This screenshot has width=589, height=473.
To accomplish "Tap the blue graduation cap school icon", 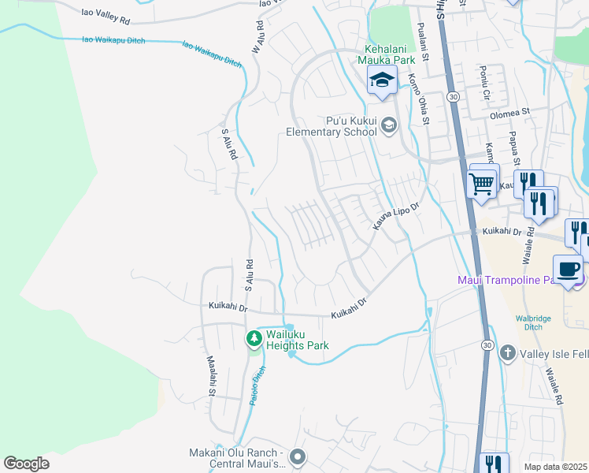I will point(382,80).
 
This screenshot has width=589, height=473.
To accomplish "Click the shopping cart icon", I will point(481,184).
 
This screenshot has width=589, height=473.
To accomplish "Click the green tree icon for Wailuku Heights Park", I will point(254,339).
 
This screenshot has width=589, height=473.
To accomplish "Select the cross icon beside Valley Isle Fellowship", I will point(507,352).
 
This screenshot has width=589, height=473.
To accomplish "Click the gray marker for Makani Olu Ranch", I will point(297,456).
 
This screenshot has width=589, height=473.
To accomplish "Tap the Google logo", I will point(26,464).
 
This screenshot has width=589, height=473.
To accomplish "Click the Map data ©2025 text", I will point(556,467).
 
